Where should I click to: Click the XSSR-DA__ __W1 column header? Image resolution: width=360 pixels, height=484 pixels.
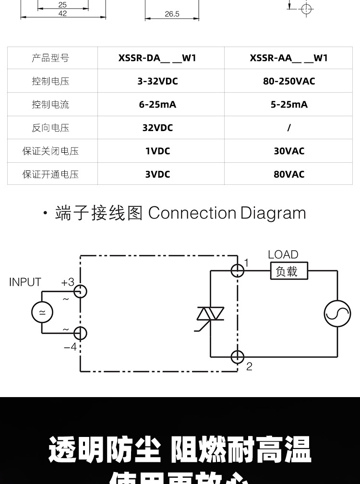pos(157,58)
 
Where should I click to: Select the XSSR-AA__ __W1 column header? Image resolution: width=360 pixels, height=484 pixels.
pos(288,58)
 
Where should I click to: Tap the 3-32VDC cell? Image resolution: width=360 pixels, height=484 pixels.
pos(157,81)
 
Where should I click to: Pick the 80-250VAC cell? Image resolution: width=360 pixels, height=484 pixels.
pos(288,81)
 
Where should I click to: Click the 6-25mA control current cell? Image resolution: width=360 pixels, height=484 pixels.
pos(157,104)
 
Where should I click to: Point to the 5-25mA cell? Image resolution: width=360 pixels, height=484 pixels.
pos(288,104)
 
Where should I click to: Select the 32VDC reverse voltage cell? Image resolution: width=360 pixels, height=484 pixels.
pos(157,128)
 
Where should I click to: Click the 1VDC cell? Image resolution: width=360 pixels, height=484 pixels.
pos(157,151)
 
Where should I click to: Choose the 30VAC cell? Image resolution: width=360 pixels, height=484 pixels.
pos(288,151)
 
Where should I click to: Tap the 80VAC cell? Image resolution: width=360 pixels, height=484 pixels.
pos(288,174)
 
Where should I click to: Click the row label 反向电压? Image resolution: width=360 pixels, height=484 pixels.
pos(50,128)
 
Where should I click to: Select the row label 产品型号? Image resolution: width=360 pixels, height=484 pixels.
pos(50,58)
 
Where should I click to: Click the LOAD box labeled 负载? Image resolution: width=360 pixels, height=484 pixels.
pos(288,271)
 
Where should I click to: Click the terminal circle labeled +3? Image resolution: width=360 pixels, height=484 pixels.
pos(80,291)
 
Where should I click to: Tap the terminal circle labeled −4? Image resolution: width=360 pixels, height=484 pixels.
pos(80,333)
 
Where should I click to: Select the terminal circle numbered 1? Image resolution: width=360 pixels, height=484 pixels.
pos(238,271)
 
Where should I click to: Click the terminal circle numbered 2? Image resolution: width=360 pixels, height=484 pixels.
pos(238,357)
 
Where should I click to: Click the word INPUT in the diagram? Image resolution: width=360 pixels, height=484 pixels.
pos(25,282)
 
